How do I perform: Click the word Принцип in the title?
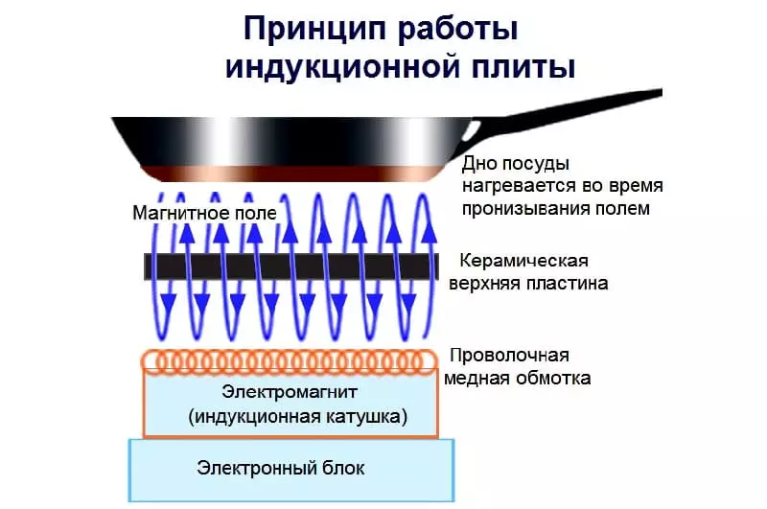coord(315,30)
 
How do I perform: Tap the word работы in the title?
coord(458,31)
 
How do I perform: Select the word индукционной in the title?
coord(342,67)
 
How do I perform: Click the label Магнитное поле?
coord(204,213)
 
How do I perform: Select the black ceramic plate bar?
coord(291,266)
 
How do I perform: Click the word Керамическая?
coord(523,260)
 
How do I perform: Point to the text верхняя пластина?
coord(528,283)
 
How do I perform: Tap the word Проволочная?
coord(509,355)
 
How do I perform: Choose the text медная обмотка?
coord(517,378)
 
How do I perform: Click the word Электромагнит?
coord(290,392)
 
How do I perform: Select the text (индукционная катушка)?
coord(298,417)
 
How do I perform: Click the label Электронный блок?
coord(281,468)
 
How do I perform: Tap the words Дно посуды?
coord(516,164)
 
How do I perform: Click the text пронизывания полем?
coord(556,209)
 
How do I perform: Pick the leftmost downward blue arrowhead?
coord(168,304)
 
